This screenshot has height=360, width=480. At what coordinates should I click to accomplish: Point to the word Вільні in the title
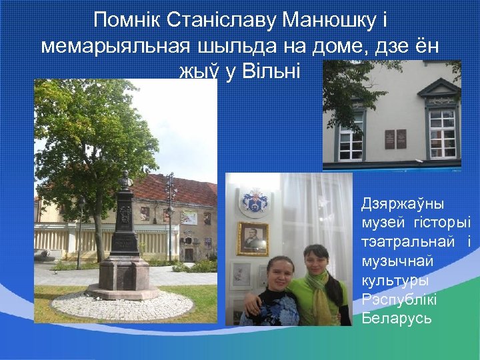pos(275,71)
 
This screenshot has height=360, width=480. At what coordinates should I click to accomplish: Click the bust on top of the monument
pos(125,179)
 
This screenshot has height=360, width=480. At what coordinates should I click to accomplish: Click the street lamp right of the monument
pos(171,213)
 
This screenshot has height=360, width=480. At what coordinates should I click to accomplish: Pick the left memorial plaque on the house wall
pos(389,139)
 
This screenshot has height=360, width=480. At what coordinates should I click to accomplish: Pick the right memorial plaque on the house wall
pos(401,139)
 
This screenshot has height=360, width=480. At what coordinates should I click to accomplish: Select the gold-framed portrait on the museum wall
pos(253,238)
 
